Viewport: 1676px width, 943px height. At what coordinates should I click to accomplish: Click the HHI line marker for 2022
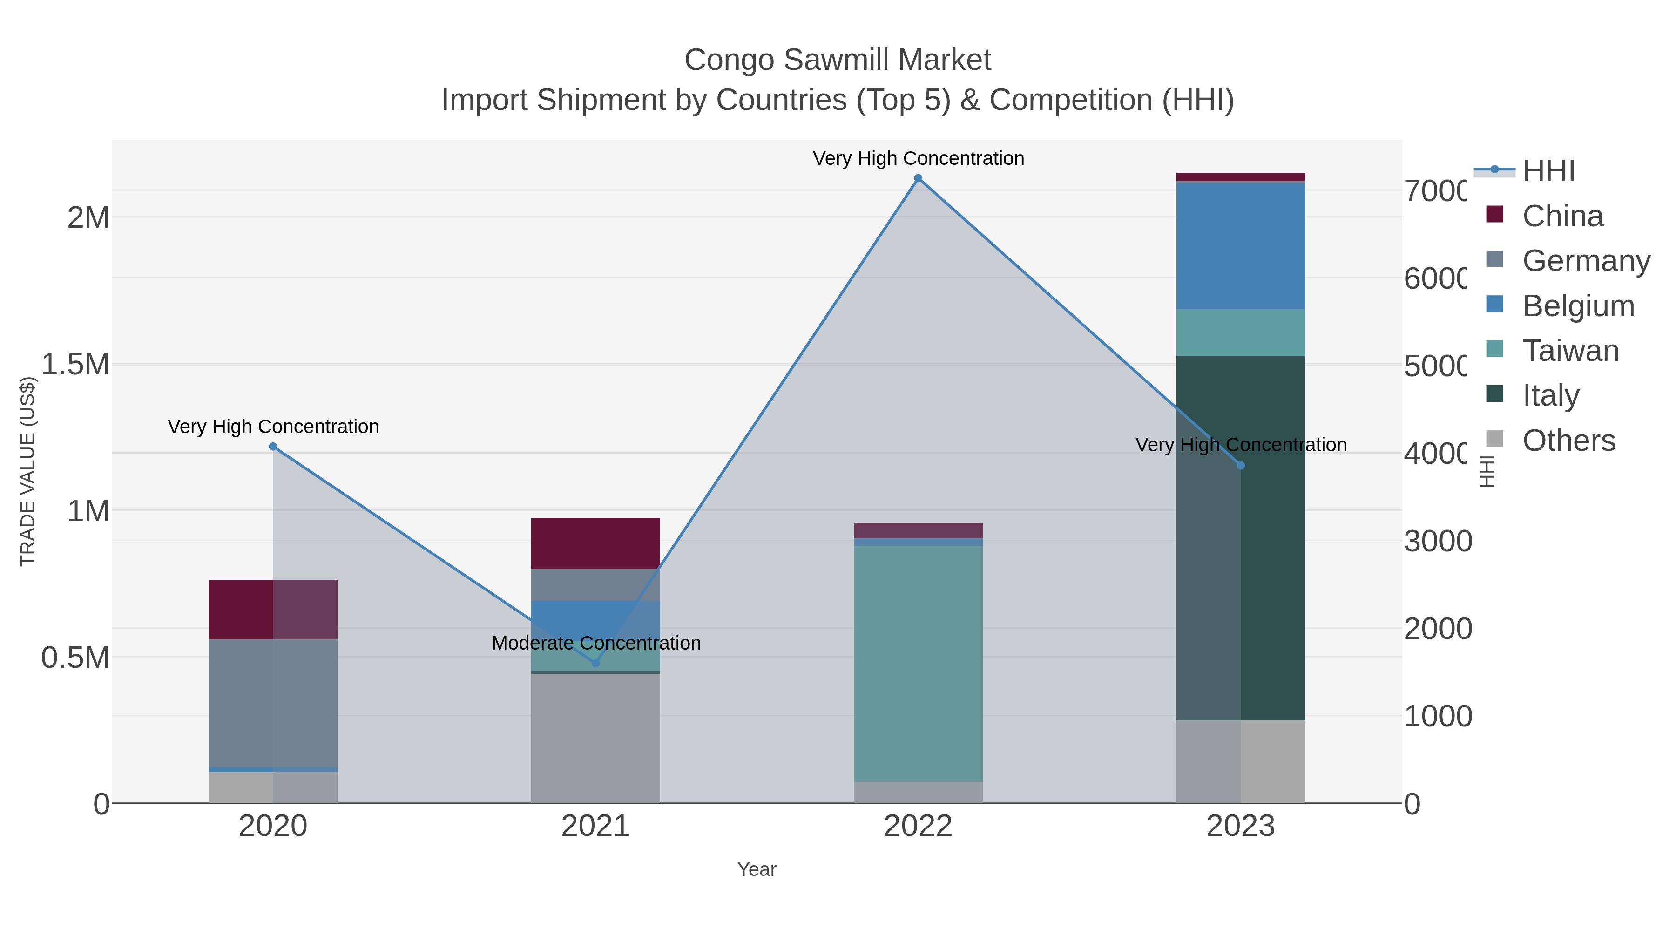[x=918, y=178]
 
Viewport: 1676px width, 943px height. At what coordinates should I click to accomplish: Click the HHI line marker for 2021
[x=595, y=663]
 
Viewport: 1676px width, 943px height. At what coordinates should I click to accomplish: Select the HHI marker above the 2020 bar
[x=273, y=447]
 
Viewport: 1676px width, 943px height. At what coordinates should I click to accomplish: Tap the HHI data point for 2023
[x=1241, y=465]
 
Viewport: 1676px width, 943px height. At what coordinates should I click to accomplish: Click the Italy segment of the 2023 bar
[x=1241, y=586]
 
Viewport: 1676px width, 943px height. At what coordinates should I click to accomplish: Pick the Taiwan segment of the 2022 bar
[x=918, y=664]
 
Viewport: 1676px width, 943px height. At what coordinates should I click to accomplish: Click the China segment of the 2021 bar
[x=595, y=543]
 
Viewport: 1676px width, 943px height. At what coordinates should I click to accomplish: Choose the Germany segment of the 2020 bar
[x=273, y=703]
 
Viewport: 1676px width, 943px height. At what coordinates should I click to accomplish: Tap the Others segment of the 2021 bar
[x=595, y=739]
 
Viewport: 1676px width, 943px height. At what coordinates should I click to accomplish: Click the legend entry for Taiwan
[x=1569, y=351]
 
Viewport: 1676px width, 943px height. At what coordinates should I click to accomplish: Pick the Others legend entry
[x=1568, y=441]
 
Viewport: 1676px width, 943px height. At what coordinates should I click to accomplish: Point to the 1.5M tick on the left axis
[x=75, y=365]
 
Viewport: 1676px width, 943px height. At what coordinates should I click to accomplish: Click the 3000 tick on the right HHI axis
[x=1437, y=541]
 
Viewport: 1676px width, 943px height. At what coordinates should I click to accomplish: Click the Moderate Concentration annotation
[x=596, y=643]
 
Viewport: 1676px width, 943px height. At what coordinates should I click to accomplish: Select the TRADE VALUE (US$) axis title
[x=27, y=471]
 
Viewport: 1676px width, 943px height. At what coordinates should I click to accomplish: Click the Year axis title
[x=757, y=869]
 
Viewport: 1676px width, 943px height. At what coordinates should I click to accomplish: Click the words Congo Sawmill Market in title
[x=838, y=60]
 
